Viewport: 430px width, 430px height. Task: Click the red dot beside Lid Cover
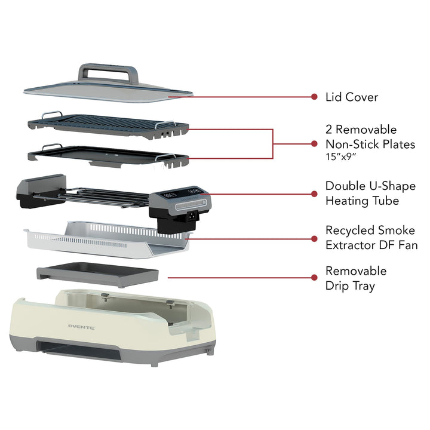tap(314, 96)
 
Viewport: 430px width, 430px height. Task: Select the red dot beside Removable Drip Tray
tap(314, 277)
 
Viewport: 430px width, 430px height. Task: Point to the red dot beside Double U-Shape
tap(314, 193)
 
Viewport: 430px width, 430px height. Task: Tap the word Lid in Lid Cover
tap(334, 97)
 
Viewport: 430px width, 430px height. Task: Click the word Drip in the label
tap(338, 285)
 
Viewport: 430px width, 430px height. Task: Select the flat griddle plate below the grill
tap(102, 153)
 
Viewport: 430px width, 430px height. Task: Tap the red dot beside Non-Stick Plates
tap(314, 143)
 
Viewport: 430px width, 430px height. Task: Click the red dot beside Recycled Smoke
tap(314, 238)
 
